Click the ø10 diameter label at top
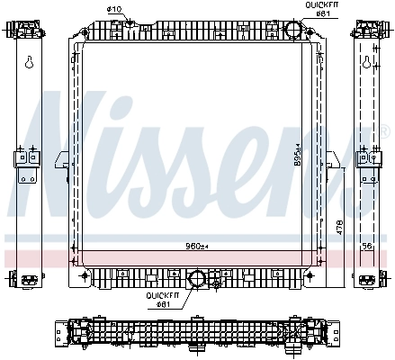tap(114, 9)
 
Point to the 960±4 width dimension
tap(196, 246)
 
